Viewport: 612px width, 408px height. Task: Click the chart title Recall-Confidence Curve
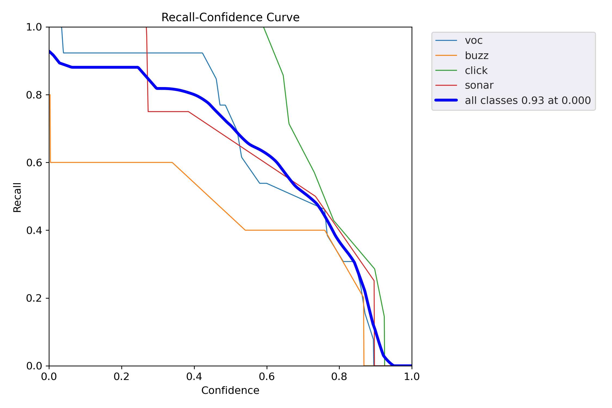(230, 17)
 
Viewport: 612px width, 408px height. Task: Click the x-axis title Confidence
(230, 390)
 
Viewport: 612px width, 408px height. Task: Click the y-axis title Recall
(17, 197)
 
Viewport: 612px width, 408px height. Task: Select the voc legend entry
(474, 41)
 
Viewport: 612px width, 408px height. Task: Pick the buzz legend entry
(477, 55)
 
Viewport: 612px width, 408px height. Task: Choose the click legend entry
(476, 70)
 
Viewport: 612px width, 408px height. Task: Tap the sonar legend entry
(479, 85)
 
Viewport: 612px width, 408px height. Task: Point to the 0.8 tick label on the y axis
(34, 95)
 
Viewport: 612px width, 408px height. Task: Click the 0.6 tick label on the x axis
(267, 376)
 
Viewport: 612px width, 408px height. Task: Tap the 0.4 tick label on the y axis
(34, 230)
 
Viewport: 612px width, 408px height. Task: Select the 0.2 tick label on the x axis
(122, 376)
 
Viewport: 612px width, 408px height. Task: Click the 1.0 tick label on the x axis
(412, 376)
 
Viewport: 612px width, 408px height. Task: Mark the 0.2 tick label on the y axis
(34, 298)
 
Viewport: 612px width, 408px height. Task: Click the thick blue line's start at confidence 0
(50, 51)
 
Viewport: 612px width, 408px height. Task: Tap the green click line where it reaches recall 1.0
(264, 27)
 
